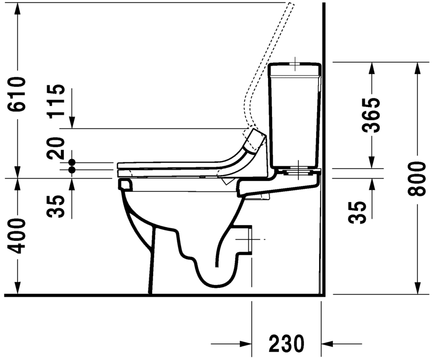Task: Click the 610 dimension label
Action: pos(18,94)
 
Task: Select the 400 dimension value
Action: pos(18,236)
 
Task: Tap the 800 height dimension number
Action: pos(418,178)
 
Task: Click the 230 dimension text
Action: pos(286,344)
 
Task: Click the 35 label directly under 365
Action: pos(360,212)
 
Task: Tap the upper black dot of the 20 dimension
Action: pos(72,162)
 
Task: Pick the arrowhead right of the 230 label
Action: pos(328,343)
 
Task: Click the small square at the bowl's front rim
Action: pos(125,184)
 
